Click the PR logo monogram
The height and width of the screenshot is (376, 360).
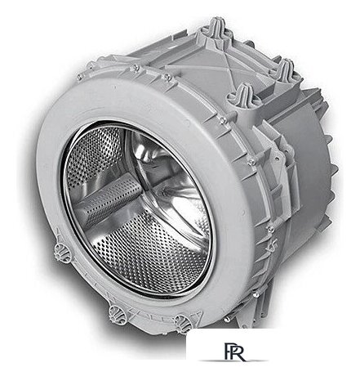(x=234, y=351)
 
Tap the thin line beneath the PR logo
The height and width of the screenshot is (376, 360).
(x=233, y=360)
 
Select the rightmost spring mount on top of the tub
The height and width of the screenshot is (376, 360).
(x=285, y=69)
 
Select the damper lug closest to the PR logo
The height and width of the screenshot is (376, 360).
(x=183, y=323)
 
